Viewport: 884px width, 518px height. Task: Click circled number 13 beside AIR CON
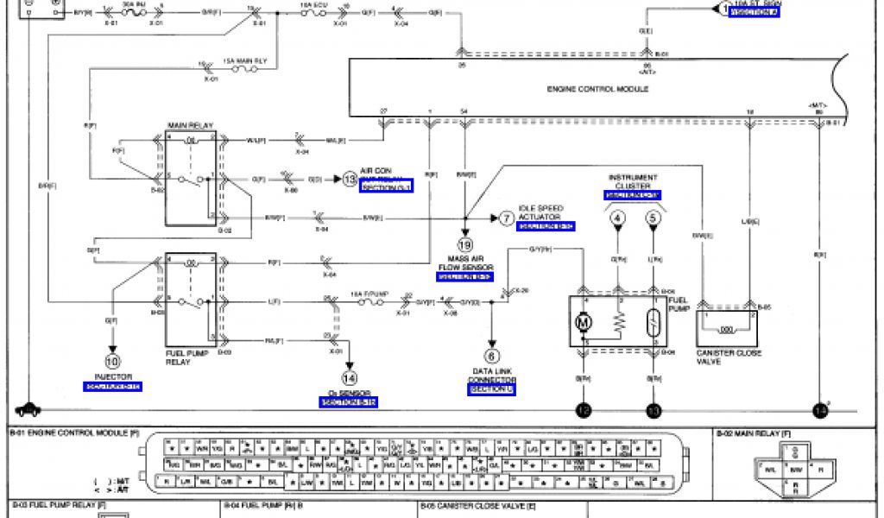point(349,180)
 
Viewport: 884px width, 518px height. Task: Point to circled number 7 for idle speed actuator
point(506,218)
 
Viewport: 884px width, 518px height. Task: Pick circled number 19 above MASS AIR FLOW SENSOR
point(464,244)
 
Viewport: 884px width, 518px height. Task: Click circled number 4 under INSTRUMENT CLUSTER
point(618,219)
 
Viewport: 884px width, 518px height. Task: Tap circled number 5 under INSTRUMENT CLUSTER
point(653,219)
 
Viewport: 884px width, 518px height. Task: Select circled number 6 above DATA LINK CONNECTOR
point(492,356)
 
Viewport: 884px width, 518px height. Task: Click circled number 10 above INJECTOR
point(113,362)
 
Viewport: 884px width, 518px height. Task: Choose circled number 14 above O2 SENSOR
point(349,377)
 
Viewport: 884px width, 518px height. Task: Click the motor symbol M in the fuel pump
point(584,323)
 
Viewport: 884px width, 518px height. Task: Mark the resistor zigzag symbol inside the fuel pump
point(618,322)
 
